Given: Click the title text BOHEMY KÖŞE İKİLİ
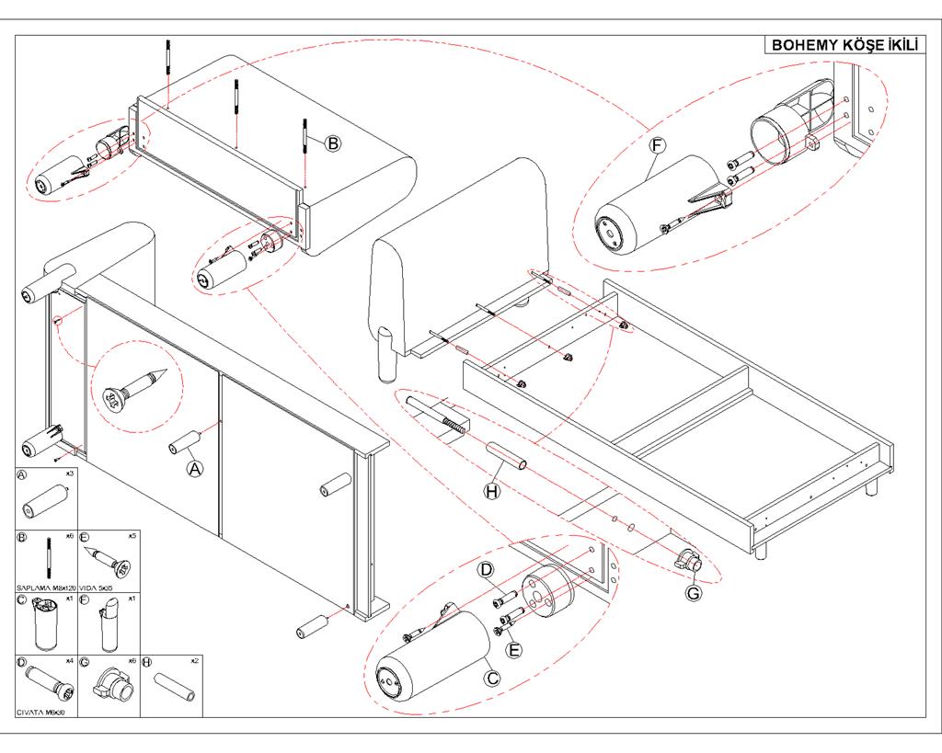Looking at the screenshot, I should click(x=844, y=45).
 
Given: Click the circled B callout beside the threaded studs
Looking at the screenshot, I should click(x=332, y=143).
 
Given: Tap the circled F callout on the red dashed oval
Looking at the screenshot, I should click(x=657, y=145).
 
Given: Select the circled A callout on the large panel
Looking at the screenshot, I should click(x=194, y=468).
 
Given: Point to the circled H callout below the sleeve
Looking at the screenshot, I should click(x=492, y=491).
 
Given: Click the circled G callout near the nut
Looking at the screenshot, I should click(x=694, y=593).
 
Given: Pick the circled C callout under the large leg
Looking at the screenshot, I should click(x=492, y=679).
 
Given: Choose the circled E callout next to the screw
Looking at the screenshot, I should click(x=514, y=649).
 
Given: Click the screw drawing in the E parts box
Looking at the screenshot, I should click(x=109, y=560).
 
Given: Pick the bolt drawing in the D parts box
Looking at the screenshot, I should click(x=47, y=685).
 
